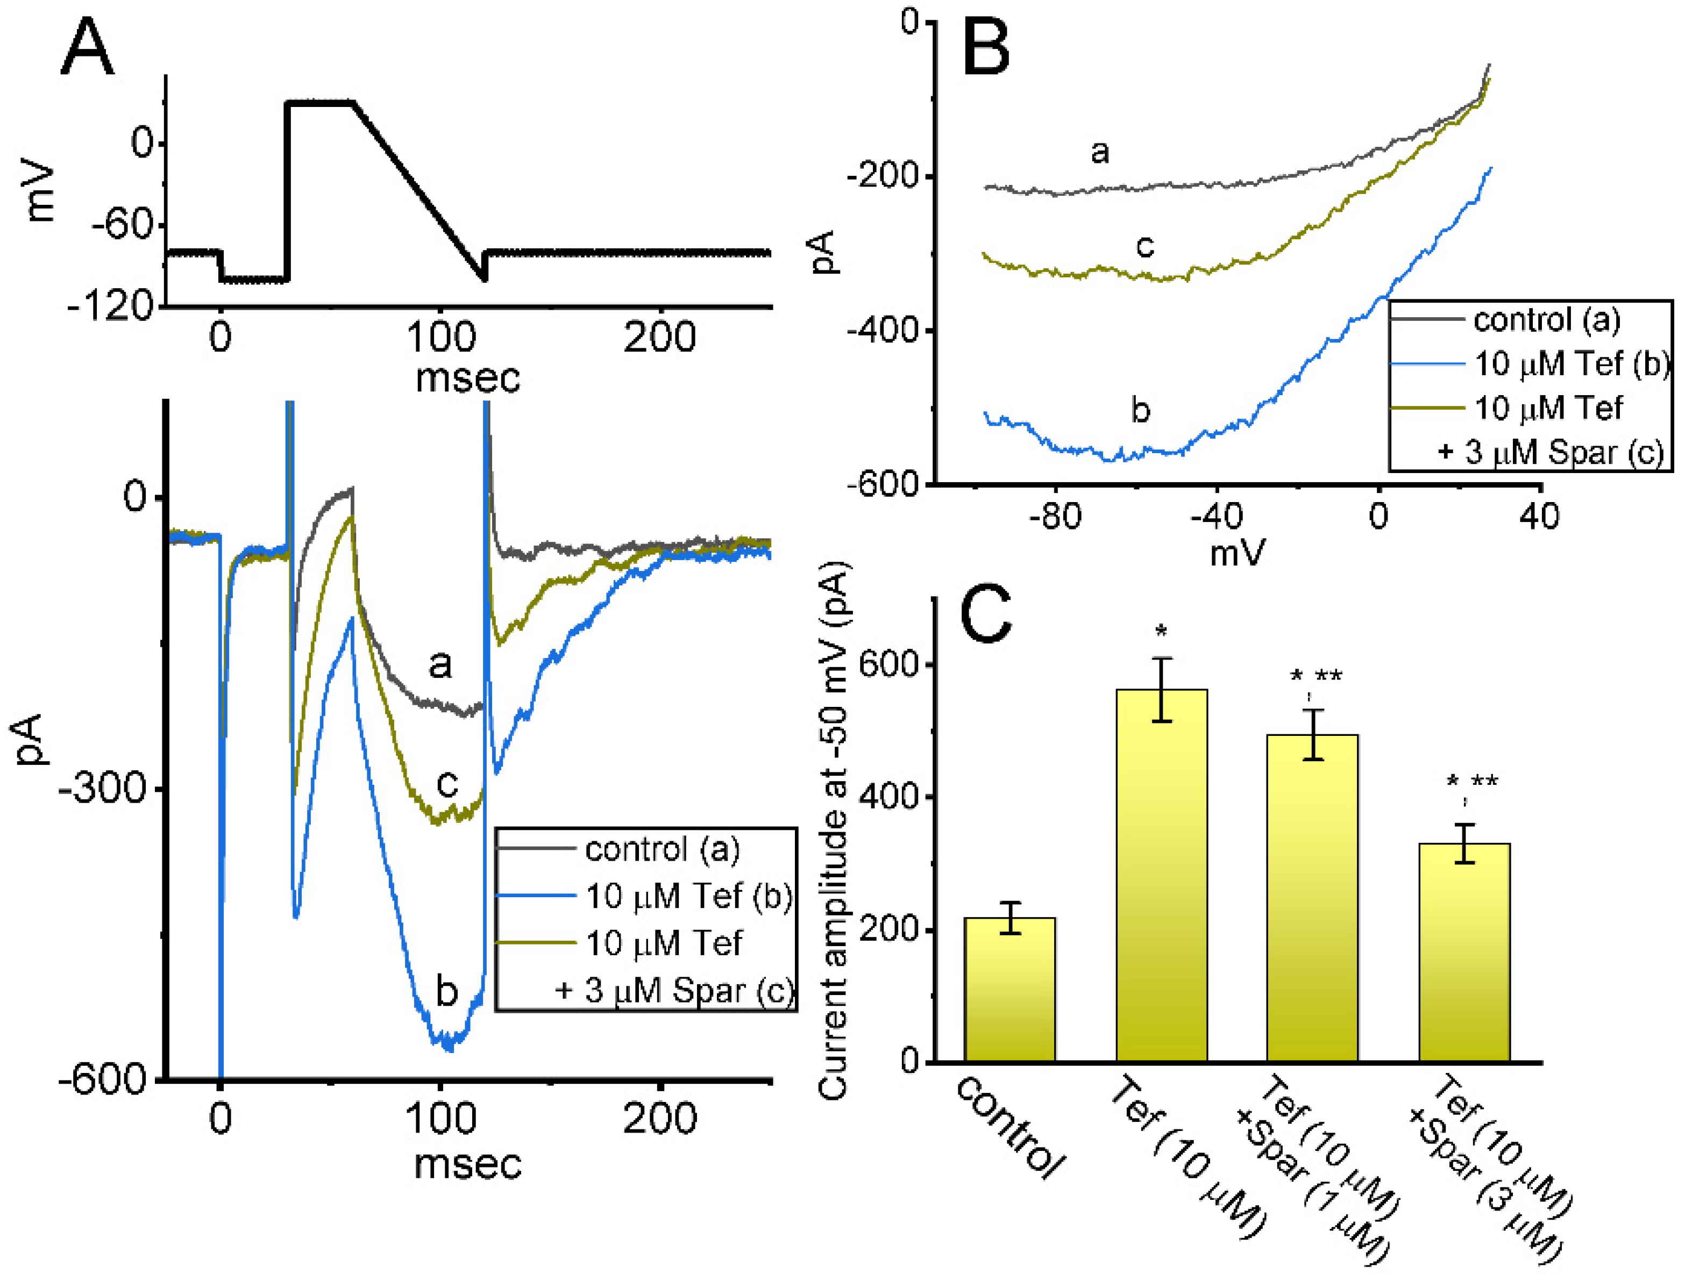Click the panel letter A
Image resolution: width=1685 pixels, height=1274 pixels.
[88, 47]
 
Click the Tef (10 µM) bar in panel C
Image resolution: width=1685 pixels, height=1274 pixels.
[1161, 876]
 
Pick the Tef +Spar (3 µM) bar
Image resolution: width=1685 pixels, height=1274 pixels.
[1463, 952]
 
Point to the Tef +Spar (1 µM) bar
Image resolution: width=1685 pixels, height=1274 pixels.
[1312, 899]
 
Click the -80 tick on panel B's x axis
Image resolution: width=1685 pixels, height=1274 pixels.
[1055, 517]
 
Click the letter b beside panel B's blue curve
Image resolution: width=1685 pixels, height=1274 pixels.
[1140, 411]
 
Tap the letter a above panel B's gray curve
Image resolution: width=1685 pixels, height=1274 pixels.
[1099, 152]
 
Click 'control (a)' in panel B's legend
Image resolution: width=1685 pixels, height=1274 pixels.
[1546, 320]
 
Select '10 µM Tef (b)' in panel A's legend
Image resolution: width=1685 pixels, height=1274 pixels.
[688, 896]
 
